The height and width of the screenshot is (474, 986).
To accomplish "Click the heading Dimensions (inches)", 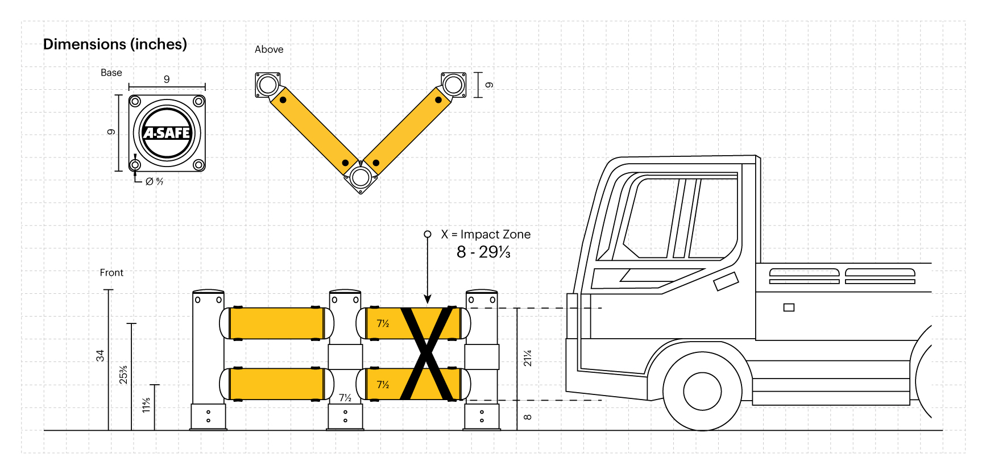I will click(115, 44).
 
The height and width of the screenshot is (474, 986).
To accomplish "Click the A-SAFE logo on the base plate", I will click(167, 133).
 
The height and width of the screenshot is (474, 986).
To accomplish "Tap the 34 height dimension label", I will click(100, 356).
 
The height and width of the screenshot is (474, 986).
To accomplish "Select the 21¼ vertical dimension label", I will click(528, 358).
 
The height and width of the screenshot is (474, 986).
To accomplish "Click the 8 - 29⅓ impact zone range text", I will click(483, 252).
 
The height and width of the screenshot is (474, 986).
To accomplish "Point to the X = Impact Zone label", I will click(486, 234).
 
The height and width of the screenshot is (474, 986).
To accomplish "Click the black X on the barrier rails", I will click(427, 354).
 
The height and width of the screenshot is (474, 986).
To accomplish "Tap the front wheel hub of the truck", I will click(702, 391).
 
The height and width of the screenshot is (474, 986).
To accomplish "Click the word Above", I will click(269, 49).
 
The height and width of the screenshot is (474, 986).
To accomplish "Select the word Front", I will click(111, 273).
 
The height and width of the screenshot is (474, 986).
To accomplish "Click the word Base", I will click(111, 73).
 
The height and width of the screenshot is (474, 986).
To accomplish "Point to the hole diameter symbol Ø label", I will click(154, 182).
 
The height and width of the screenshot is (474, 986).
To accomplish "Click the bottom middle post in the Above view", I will click(360, 177).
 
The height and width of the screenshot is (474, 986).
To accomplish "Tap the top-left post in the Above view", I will click(267, 85).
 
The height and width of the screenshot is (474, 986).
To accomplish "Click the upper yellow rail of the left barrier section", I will click(276, 323).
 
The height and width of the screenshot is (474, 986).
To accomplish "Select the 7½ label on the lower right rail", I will click(383, 385).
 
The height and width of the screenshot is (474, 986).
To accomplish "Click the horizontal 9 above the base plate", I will click(167, 80).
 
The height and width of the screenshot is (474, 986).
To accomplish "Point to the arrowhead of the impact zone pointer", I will click(428, 299).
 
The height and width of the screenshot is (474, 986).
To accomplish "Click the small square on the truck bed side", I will click(789, 307).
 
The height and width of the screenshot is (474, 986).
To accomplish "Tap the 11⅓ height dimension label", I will click(146, 405).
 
